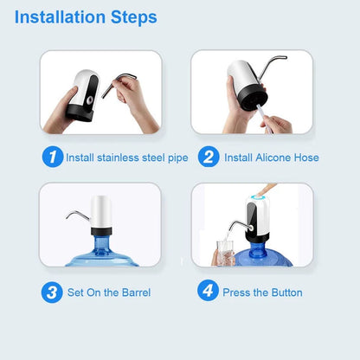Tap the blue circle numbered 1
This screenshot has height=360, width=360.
point(53,157)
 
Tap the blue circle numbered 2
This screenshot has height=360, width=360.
point(208,157)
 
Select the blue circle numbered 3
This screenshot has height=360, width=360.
point(53,292)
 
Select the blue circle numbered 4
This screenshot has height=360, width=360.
point(208,292)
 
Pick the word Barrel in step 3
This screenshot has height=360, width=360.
point(134,292)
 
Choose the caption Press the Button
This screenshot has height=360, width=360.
point(262,292)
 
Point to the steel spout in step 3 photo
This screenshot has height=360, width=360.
point(76,215)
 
